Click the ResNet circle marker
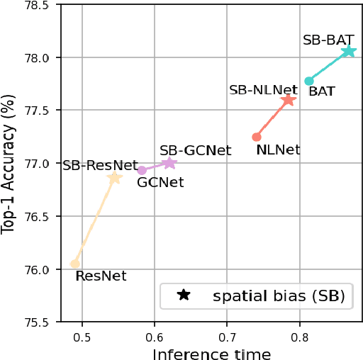pos(75,264)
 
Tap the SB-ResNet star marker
pos(115,179)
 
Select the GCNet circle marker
pos(142,170)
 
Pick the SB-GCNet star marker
pos(169,163)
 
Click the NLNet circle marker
pos(257,137)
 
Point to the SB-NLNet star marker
pos(288,100)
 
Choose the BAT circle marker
pos(309,81)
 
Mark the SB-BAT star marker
pos(348,51)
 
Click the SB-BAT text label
pos(328,40)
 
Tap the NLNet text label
pos(278,150)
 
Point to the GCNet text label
pos(160,183)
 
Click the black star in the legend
pos(184,295)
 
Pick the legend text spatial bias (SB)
pos(279,296)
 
